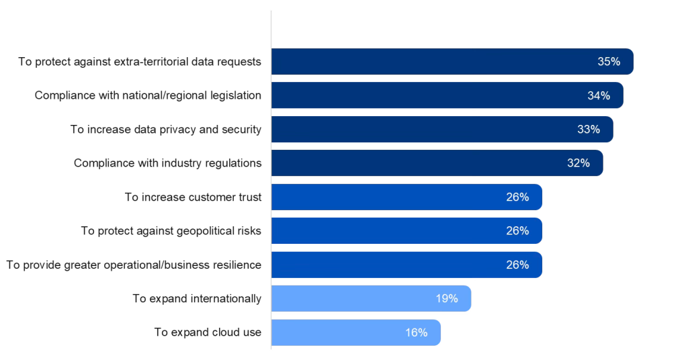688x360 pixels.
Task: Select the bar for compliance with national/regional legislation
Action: [x=447, y=95]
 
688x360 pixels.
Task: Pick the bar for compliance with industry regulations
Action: [x=437, y=163]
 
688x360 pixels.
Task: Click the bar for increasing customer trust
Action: [x=406, y=197]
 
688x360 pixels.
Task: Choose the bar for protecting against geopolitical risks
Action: [x=406, y=230]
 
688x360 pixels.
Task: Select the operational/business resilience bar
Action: [x=406, y=265]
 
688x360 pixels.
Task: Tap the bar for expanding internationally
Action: [x=371, y=298]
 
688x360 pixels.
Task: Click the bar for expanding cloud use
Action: [x=356, y=332]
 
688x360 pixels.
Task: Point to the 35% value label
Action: [x=608, y=62]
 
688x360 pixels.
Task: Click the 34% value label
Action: [x=598, y=95]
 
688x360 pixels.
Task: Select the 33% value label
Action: [x=588, y=129]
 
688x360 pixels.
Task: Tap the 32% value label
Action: [x=578, y=163]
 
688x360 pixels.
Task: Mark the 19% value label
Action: [x=446, y=298]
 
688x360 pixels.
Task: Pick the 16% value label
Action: [x=416, y=332]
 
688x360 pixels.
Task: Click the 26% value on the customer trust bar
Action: [x=517, y=197]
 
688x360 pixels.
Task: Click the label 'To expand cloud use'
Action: [x=207, y=332]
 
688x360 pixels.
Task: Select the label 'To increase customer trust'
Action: [x=193, y=197]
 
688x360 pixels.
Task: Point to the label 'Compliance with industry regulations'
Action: [x=167, y=163]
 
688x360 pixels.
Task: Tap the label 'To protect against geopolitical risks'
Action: [x=171, y=230]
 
